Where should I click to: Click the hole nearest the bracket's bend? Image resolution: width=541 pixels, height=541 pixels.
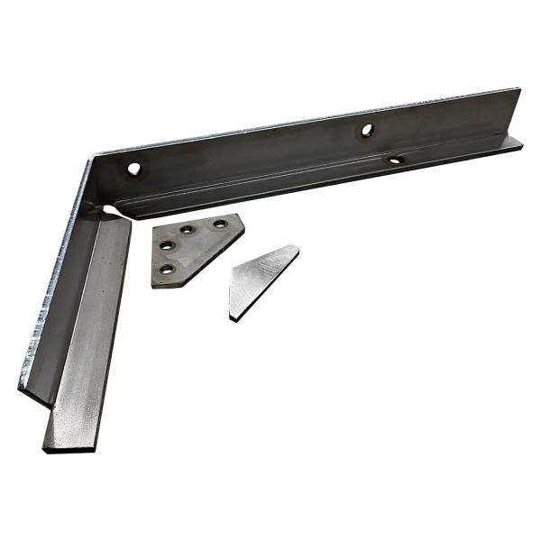134,169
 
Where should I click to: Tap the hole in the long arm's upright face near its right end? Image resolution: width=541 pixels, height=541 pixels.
367,130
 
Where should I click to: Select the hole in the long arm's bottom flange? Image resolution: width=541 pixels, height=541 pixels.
395,160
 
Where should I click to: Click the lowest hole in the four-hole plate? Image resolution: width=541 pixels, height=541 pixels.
166,269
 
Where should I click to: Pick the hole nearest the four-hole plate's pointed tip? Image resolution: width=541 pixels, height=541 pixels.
219,224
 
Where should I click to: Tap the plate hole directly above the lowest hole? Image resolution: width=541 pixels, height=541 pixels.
167,245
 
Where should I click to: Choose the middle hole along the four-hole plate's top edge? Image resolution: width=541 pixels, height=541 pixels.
188,230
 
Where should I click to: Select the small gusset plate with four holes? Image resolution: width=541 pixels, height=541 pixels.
191,249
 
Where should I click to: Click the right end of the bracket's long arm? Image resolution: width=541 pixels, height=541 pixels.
519,117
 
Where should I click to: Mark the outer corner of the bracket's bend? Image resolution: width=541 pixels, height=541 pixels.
91,160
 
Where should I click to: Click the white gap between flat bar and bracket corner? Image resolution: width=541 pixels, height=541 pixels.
112,212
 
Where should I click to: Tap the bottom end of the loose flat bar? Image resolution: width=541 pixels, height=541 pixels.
69,445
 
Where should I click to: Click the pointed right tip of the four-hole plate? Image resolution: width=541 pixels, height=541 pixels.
243,216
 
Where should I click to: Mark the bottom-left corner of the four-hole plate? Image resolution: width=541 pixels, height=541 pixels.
154,285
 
